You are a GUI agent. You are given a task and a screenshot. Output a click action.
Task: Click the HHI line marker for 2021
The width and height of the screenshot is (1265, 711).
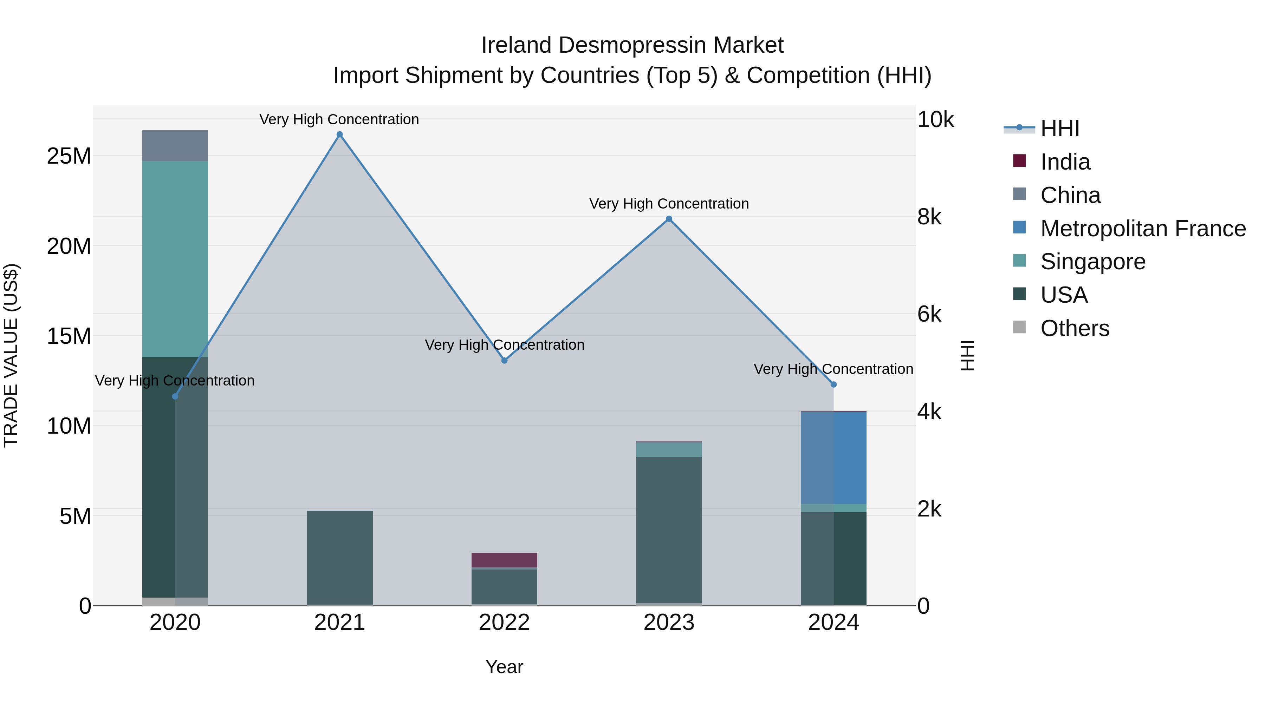pyautogui.click(x=339, y=134)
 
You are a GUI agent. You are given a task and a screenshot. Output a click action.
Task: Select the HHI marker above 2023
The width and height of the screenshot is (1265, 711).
pyautogui.click(x=669, y=219)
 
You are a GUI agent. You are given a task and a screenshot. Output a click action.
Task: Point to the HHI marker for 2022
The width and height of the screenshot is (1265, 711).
pyautogui.click(x=504, y=360)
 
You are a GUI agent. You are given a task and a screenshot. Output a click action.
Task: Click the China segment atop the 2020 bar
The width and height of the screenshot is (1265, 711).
pyautogui.click(x=175, y=146)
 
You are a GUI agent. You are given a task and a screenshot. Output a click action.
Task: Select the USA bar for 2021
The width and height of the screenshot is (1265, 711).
pyautogui.click(x=339, y=558)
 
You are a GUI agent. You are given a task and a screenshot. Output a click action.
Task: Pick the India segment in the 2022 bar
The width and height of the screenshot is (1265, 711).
pyautogui.click(x=504, y=560)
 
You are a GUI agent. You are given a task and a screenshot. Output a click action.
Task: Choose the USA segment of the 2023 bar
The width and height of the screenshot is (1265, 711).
pyautogui.click(x=669, y=530)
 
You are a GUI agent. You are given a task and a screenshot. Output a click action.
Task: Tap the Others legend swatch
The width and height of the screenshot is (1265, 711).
pyautogui.click(x=1019, y=327)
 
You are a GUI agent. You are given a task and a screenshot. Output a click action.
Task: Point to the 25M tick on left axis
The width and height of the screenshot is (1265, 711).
pyautogui.click(x=69, y=156)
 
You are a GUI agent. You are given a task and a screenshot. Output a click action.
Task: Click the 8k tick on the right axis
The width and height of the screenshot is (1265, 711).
pyautogui.click(x=929, y=217)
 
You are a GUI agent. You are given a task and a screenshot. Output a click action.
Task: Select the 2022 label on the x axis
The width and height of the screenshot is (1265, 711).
pyautogui.click(x=504, y=623)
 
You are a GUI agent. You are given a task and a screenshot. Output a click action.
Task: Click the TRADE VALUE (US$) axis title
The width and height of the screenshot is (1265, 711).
pyautogui.click(x=11, y=355)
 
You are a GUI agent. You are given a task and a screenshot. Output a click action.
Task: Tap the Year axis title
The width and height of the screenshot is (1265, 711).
pyautogui.click(x=504, y=667)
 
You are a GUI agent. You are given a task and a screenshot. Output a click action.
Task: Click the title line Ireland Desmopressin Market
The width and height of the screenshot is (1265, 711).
pyautogui.click(x=632, y=45)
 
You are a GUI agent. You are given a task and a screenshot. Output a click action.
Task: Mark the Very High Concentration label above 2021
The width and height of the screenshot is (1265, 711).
pyautogui.click(x=339, y=119)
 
